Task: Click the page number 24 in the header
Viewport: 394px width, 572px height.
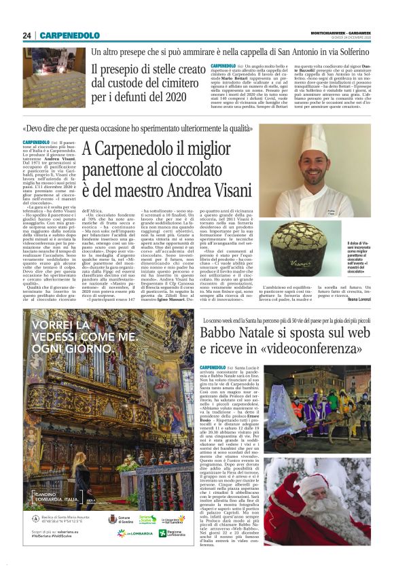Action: [26, 35]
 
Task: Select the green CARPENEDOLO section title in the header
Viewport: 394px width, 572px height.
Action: [69, 35]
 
